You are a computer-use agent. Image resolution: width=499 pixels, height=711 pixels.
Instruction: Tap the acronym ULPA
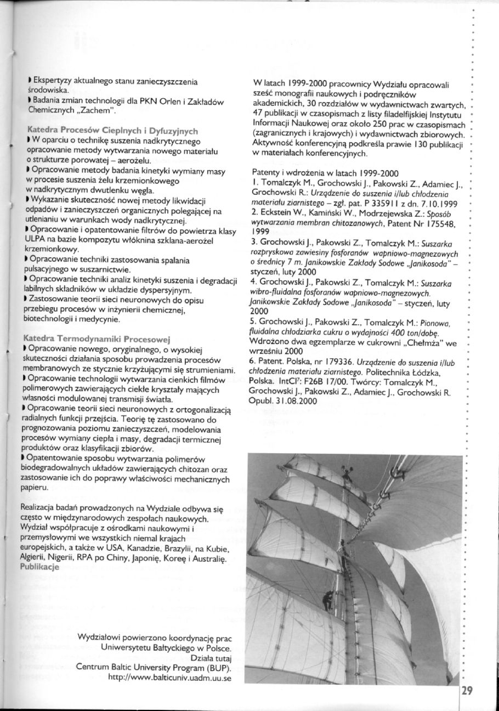point(30,240)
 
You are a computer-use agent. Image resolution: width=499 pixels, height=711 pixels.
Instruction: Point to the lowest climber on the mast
point(327,597)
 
